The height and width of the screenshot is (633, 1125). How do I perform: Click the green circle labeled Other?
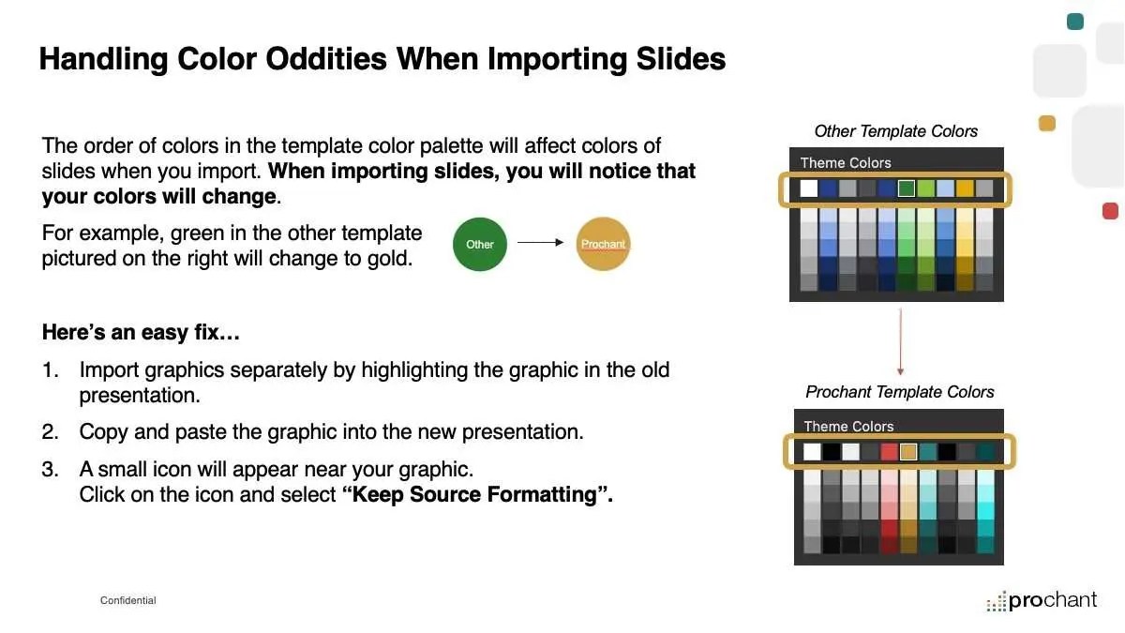[480, 244]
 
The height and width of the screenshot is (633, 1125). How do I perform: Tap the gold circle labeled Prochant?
[603, 244]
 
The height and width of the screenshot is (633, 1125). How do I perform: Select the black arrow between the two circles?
[540, 242]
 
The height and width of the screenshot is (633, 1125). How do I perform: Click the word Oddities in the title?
[326, 59]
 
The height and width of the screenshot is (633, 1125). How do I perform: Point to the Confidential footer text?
[128, 600]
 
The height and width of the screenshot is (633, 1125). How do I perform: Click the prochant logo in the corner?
[1042, 601]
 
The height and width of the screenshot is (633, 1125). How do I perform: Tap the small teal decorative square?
[1074, 22]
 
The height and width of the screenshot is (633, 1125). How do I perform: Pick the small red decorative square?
[1110, 211]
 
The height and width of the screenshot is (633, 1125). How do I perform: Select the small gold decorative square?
[1046, 123]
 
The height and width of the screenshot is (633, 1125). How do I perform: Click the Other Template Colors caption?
[895, 131]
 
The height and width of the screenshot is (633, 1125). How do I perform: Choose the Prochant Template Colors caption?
[899, 392]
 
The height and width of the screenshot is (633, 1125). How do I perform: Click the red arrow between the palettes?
[901, 341]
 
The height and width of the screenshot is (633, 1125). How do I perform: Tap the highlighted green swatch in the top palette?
[906, 188]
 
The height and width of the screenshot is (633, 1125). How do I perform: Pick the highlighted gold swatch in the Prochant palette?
[908, 452]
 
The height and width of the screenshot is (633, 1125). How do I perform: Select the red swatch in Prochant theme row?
[889, 452]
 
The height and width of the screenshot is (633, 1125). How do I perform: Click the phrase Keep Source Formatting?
[477, 494]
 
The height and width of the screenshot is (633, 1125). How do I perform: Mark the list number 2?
[50, 432]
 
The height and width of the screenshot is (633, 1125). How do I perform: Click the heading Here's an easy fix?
[141, 332]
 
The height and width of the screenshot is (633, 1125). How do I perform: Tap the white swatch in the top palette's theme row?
[808, 188]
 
